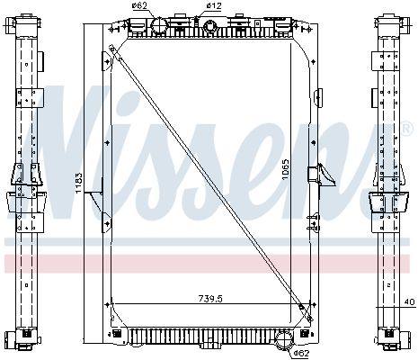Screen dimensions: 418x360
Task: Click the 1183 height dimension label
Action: tap(79, 183)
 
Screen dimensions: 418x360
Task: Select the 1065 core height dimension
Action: tap(286, 169)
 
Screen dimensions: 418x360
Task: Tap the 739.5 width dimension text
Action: tap(210, 299)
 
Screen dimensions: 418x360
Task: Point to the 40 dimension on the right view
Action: tap(411, 301)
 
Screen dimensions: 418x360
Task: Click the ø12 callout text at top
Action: tap(214, 5)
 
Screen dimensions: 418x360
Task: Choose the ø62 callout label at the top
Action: tap(139, 5)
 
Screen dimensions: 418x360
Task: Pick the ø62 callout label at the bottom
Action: tap(301, 354)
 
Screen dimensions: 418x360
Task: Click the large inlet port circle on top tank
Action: tap(158, 26)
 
